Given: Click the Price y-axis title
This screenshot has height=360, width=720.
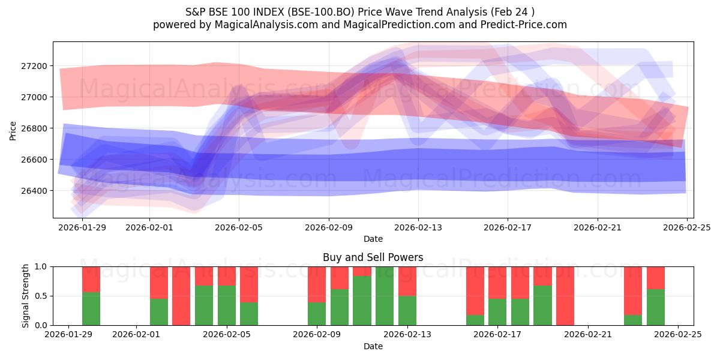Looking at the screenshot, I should pos(13,130).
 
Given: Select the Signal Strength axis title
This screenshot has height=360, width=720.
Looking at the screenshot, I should pos(25,296).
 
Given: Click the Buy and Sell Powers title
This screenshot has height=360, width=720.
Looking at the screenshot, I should pos(373,257).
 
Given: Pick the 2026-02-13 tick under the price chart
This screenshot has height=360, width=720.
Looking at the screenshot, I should pos(418,228).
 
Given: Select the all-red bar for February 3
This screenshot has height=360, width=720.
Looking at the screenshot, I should pos(181,296).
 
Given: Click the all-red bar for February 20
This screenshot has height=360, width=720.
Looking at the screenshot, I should pos(565,296).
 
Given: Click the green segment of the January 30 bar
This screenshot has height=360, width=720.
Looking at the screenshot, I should pos(91,308).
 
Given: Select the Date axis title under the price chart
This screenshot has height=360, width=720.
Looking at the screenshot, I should pos(373,239).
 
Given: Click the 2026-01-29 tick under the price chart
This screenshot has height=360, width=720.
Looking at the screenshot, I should pos(82,228).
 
